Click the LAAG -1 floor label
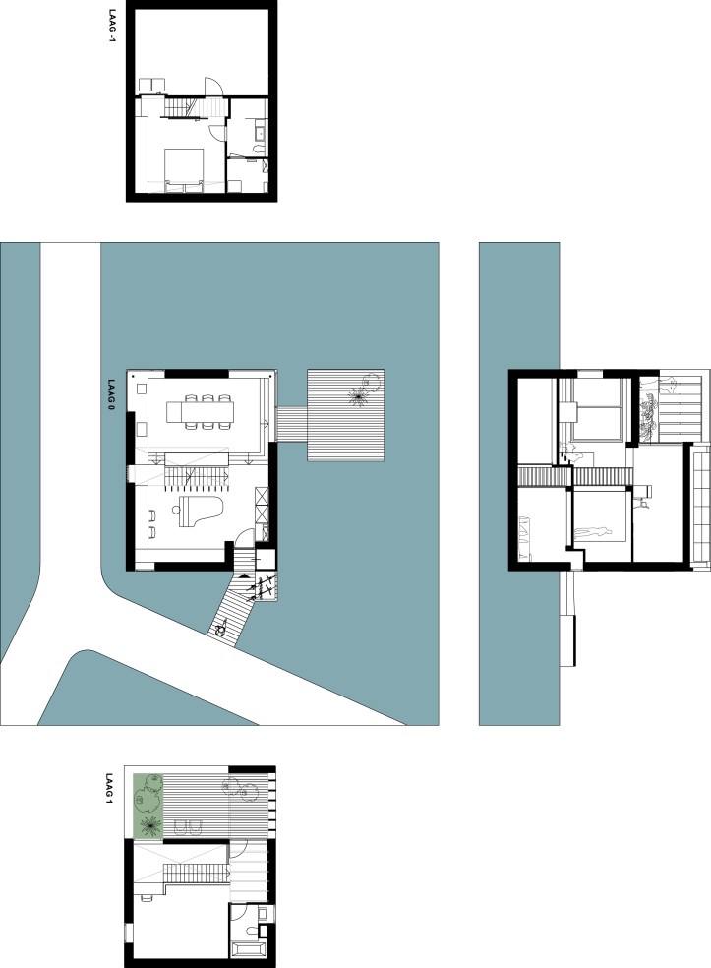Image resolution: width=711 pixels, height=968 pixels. (x=112, y=26)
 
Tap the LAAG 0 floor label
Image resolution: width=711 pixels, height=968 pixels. (x=112, y=394)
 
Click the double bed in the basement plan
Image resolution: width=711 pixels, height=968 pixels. (x=184, y=170)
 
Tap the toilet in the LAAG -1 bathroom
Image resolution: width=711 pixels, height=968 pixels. (x=260, y=150)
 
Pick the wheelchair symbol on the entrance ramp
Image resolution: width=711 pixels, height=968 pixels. (x=220, y=629)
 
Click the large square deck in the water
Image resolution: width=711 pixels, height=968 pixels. (x=345, y=415)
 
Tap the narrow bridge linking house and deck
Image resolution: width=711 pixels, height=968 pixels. (x=292, y=423)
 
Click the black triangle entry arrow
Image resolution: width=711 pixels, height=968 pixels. (x=245, y=575)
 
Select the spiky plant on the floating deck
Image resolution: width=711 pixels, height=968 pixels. (x=357, y=395)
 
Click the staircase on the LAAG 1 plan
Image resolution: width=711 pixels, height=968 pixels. (x=197, y=875)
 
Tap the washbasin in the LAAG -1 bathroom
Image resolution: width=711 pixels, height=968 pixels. (x=260, y=131)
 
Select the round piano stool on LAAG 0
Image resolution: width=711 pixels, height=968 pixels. (x=176, y=510)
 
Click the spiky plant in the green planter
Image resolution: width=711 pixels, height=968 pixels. (x=148, y=825)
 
